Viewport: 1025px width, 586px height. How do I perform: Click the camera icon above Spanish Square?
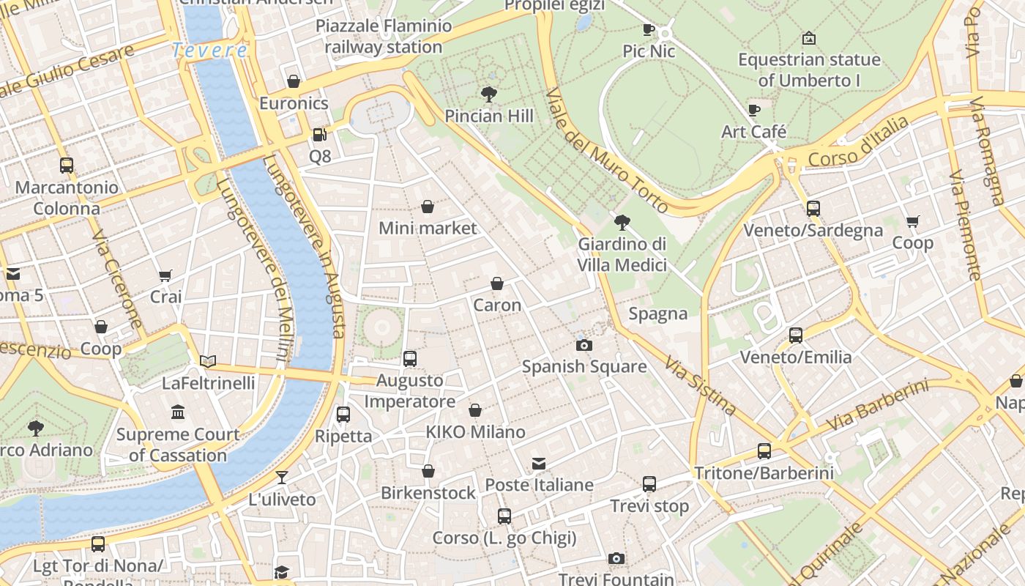(x=584, y=345)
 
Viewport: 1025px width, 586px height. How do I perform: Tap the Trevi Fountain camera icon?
(x=616, y=559)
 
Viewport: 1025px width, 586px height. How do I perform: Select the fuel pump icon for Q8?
(x=319, y=134)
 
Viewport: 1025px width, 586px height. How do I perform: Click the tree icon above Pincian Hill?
(x=489, y=94)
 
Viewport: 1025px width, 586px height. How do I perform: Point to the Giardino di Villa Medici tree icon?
(x=622, y=222)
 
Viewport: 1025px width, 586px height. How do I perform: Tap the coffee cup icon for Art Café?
(x=754, y=111)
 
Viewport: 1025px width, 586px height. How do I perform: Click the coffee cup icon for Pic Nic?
(x=649, y=30)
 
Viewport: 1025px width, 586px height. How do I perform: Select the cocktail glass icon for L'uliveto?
(x=282, y=478)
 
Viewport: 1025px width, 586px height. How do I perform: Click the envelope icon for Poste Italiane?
(x=539, y=463)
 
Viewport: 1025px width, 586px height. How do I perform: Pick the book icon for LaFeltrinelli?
(x=209, y=361)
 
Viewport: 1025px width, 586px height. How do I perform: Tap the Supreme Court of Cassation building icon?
(x=178, y=412)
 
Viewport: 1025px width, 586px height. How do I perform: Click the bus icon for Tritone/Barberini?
(x=764, y=451)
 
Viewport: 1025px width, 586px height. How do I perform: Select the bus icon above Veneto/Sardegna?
(x=813, y=209)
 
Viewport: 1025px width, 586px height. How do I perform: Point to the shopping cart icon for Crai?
(x=165, y=275)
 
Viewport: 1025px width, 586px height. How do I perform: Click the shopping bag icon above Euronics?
(x=294, y=81)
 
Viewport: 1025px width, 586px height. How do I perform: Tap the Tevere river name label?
(x=209, y=51)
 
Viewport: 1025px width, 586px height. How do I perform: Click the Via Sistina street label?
(x=700, y=385)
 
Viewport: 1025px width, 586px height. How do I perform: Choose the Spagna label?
(x=658, y=314)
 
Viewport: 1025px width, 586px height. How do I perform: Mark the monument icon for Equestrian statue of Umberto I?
(x=809, y=37)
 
